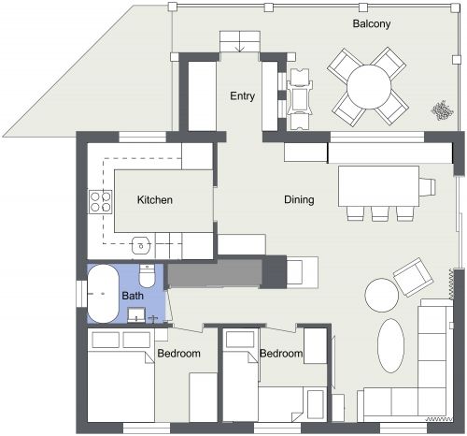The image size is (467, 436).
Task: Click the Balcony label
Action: pos(371,23)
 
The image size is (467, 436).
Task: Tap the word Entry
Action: pos(243,95)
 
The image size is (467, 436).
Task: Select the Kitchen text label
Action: pos(155,200)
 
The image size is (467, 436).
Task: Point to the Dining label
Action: pos(299,199)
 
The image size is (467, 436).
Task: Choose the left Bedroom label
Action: pos(178,354)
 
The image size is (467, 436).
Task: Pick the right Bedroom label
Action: pos(281,354)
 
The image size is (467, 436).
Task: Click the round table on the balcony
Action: pos(369,87)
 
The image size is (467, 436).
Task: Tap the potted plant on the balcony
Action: pos(439,110)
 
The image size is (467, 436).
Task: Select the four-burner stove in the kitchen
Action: pos(100,201)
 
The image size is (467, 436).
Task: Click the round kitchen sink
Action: pos(141,245)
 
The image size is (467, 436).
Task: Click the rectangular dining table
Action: pos(378,185)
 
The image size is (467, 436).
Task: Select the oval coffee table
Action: pos(391,346)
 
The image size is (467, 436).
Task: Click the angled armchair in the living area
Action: pos(412,278)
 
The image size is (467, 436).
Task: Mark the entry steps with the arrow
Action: pos(238,42)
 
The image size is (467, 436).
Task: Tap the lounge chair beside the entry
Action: pos(299,96)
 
